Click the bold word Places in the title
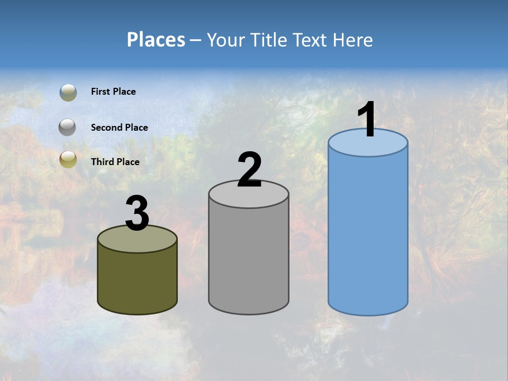[x=156, y=40]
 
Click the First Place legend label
[x=113, y=92]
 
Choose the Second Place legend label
[x=119, y=128]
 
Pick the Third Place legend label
[x=115, y=162]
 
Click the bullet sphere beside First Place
[x=68, y=93]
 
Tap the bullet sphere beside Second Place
[x=68, y=128]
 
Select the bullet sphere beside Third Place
[x=68, y=159]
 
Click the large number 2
[x=249, y=170]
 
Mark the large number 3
[x=137, y=214]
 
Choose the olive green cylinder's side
[x=137, y=280]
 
